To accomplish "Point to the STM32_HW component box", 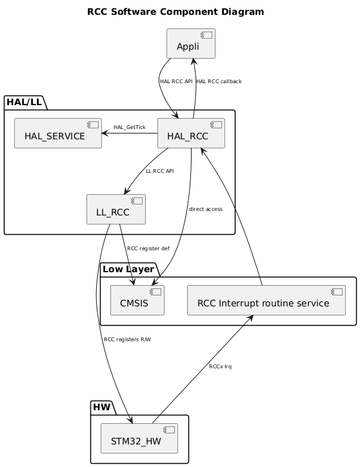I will pos(139,439).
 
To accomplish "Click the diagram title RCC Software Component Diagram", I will pos(175,12).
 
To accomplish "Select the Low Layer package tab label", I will pos(128,268).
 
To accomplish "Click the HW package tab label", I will pos(102,407).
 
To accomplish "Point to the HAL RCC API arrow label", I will pos(176,81).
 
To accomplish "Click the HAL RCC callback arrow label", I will pos(219,81).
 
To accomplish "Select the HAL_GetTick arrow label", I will pos(129,127).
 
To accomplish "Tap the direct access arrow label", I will pos(206,210).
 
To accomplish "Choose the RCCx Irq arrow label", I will pos(220,366).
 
